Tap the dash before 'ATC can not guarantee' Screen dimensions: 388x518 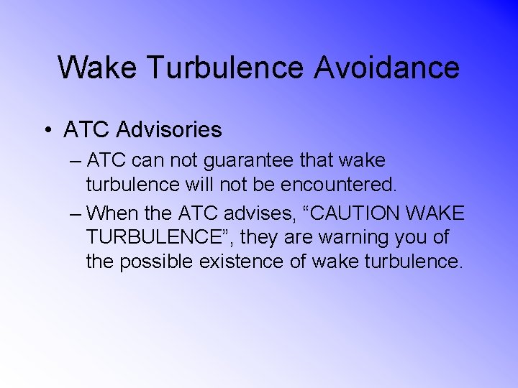[76, 161]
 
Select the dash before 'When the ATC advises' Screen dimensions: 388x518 [76, 213]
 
